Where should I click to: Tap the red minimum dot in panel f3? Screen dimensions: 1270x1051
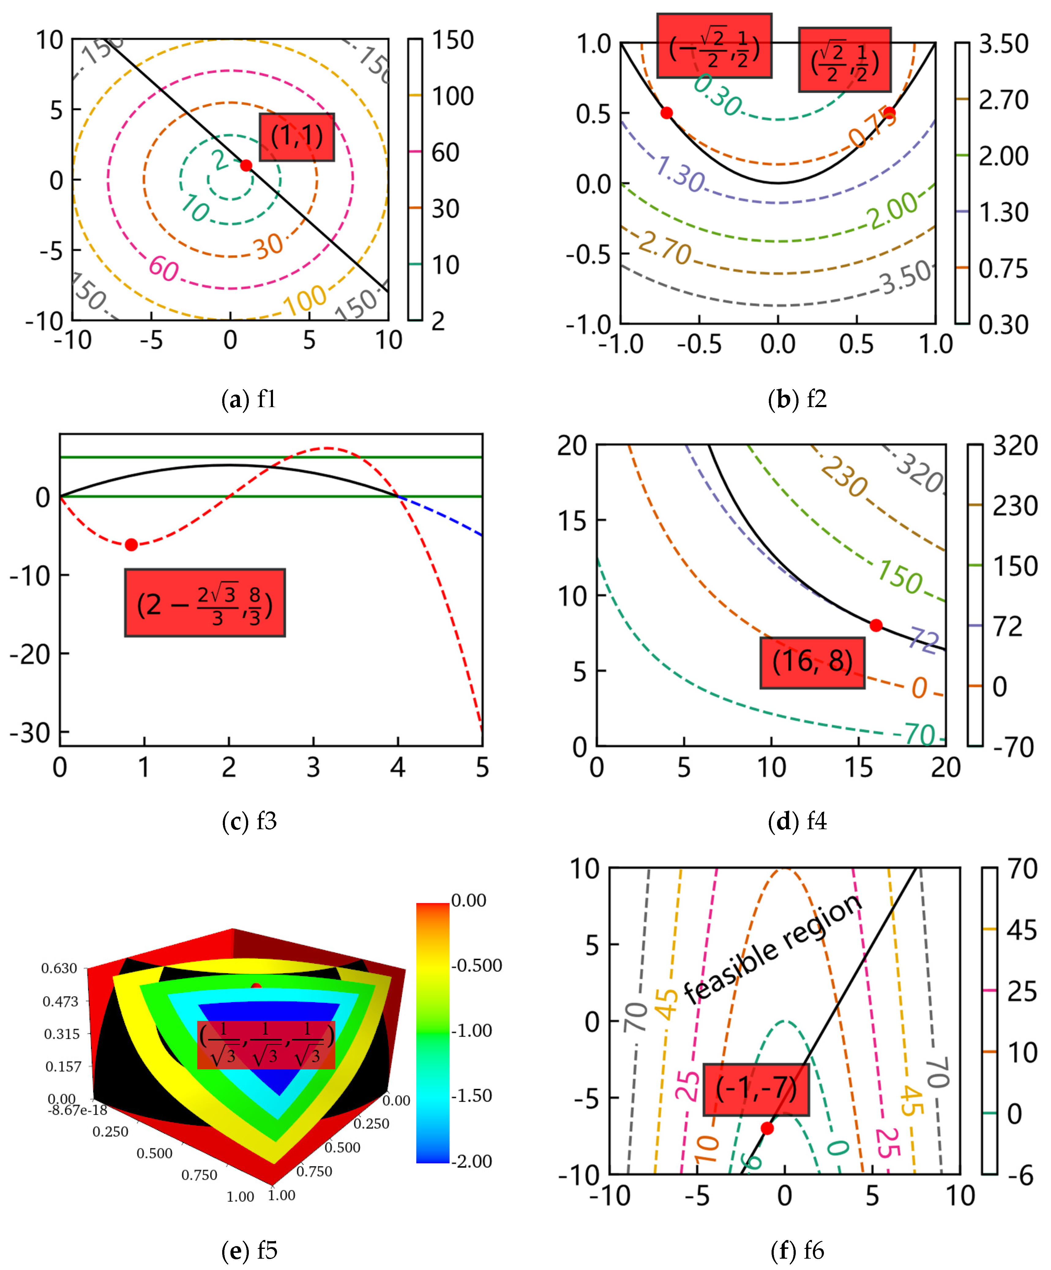click(x=131, y=545)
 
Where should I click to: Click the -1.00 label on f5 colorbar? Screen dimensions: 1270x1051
click(x=472, y=1031)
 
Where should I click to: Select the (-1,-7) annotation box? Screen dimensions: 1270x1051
click(x=756, y=1089)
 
